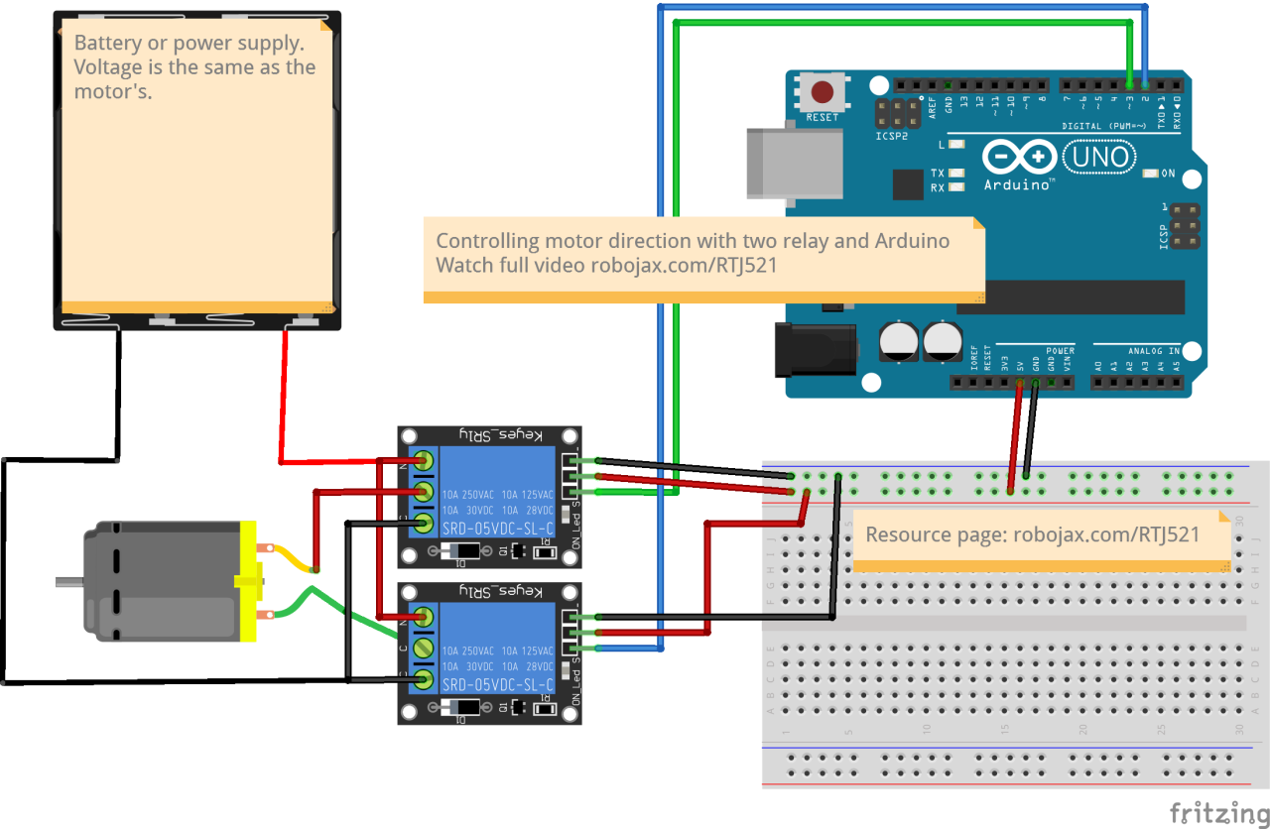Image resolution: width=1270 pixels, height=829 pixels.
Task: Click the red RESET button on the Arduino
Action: [x=823, y=93]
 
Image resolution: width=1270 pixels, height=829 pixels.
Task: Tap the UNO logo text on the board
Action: [x=1097, y=157]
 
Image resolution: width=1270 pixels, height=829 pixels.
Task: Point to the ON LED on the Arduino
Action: [x=1150, y=174]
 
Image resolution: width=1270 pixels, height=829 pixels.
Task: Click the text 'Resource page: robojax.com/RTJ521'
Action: [x=1033, y=534]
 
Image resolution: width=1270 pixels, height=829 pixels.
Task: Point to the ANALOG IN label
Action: [x=1153, y=351]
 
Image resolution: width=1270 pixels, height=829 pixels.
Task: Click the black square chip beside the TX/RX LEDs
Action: [x=907, y=184]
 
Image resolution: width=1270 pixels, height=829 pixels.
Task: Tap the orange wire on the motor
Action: [x=290, y=557]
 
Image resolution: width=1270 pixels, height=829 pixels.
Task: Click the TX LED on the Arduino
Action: [x=956, y=173]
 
